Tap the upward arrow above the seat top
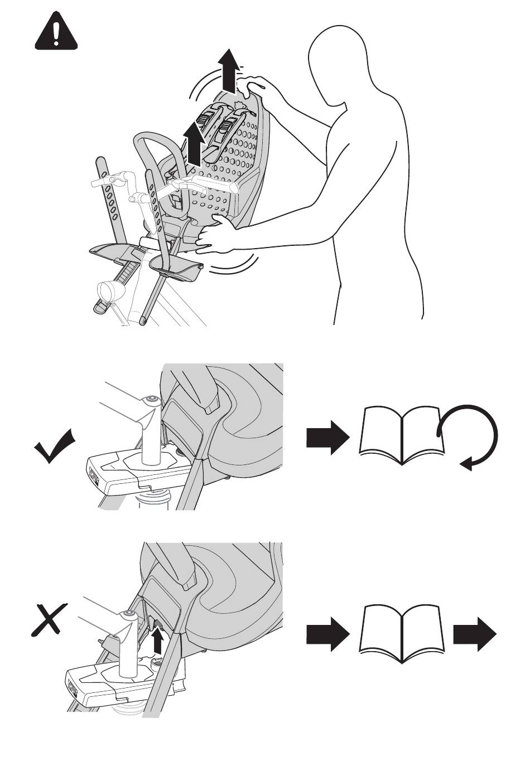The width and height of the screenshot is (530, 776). pos(228,70)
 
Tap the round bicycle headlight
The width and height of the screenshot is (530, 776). pos(108,292)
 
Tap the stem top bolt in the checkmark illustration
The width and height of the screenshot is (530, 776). pos(150,400)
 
